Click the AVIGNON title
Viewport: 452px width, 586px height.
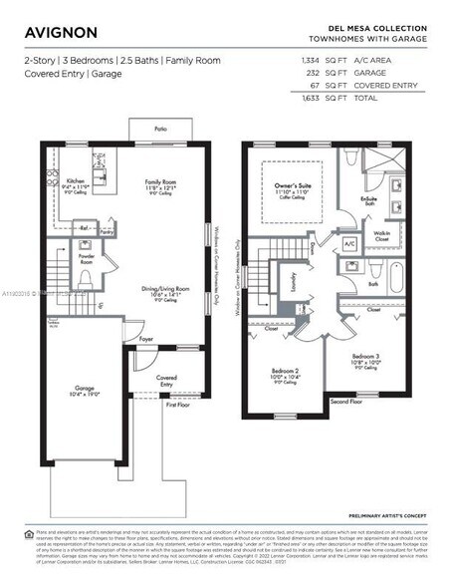tap(61, 32)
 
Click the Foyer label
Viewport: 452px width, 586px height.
tap(146, 339)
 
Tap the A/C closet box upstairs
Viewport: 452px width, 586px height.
tap(349, 242)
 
